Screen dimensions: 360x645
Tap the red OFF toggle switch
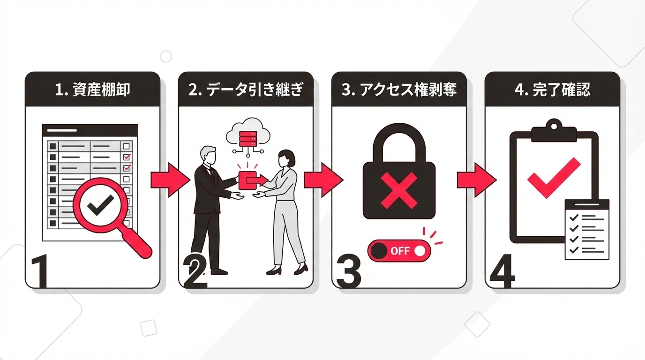pos(399,251)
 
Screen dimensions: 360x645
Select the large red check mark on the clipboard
pos(554,178)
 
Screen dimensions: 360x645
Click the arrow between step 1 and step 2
pos(169,180)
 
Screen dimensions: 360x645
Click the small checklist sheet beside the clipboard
pos(587,229)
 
